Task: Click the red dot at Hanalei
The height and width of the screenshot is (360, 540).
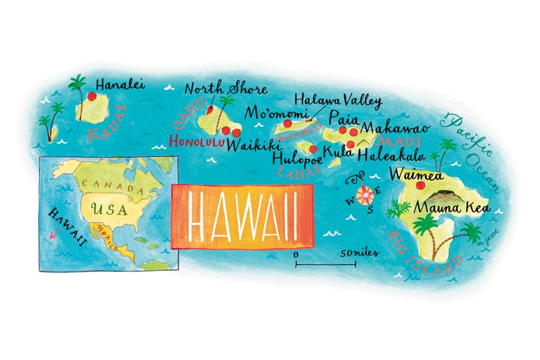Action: coord(92,96)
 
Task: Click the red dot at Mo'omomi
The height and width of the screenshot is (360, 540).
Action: coord(287,123)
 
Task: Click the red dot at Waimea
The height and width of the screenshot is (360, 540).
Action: coord(420,186)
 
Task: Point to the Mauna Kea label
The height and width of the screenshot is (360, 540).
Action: coord(452,208)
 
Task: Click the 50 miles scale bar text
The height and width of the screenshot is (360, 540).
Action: coord(359,254)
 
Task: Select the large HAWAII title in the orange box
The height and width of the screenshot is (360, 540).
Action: coord(242,216)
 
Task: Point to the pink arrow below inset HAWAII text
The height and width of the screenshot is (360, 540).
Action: coord(51,237)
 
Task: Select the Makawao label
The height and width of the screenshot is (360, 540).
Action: coord(394,128)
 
